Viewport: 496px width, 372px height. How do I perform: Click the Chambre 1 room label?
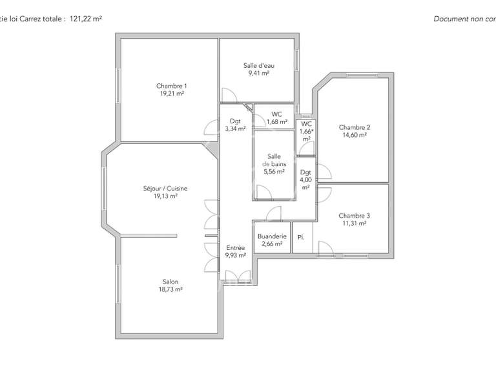(172, 86)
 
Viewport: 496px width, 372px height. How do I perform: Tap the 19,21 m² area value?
(172, 94)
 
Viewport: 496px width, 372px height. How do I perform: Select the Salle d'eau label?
(258, 65)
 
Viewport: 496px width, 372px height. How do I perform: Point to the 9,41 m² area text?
(258, 73)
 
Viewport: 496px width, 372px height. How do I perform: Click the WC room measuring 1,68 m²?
(276, 114)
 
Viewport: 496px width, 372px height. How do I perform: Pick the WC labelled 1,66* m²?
(306, 123)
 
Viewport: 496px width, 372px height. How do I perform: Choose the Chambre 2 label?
(355, 127)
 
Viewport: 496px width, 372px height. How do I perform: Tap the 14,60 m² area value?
(355, 135)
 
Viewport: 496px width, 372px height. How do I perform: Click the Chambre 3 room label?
(355, 216)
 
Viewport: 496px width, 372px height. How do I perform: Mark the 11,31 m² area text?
(355, 223)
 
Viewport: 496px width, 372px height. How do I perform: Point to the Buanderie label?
(271, 236)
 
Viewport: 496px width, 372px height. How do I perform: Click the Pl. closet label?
(300, 237)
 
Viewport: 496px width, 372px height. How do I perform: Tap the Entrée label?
(235, 247)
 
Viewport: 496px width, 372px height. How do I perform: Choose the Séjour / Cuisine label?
(165, 189)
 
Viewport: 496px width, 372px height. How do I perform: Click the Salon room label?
(170, 282)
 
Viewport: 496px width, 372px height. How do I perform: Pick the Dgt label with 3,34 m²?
(235, 121)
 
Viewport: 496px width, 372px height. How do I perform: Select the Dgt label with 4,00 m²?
(306, 172)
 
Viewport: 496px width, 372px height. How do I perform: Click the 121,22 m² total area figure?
(85, 19)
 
